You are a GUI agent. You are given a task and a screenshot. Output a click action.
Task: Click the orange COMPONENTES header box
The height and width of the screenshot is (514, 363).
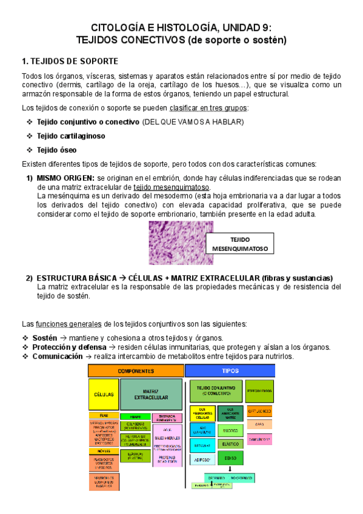point(135,370)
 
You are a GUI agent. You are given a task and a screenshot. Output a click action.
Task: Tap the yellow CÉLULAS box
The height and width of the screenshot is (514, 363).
point(103,394)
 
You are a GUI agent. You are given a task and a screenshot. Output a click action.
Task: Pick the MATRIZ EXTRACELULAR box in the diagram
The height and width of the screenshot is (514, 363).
point(151,394)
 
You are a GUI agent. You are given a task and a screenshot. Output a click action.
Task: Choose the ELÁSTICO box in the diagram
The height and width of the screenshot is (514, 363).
point(230,444)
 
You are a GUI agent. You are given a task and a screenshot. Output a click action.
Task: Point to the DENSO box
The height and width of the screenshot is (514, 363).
point(230,458)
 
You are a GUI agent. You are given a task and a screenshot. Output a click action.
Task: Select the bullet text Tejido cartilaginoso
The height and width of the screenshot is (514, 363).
point(71,136)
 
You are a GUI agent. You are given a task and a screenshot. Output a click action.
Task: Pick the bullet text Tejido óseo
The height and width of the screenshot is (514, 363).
point(57,150)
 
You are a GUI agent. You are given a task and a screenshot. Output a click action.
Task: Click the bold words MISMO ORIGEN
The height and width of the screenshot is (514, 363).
point(65,178)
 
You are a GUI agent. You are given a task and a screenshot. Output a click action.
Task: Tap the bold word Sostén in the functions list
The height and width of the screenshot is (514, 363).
point(45,338)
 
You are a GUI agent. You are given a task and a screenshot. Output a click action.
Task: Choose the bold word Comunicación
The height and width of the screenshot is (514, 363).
point(58,356)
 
